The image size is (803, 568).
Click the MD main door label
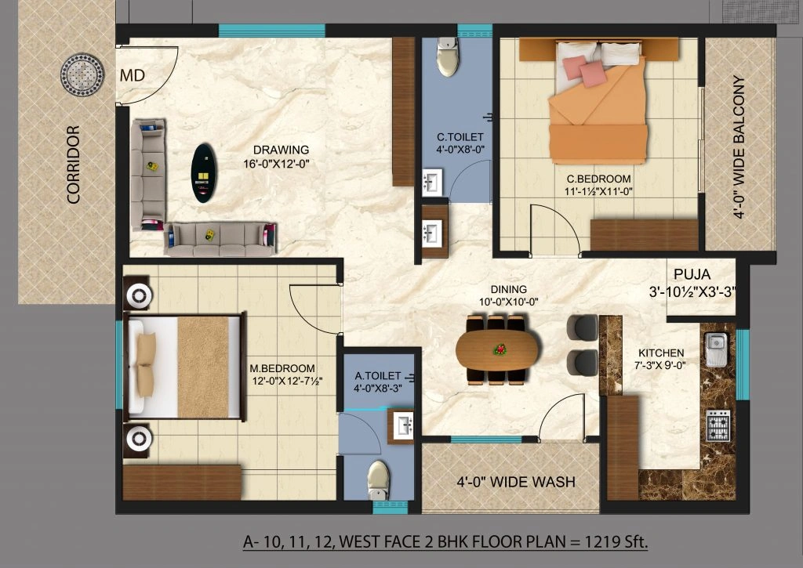(x=132, y=76)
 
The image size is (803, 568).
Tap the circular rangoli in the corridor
(x=82, y=75)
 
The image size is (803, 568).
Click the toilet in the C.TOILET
(x=448, y=58)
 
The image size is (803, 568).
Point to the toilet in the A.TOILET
(x=379, y=478)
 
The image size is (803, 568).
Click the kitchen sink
(x=716, y=349)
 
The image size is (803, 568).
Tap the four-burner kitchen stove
(x=718, y=425)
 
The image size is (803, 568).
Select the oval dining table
(x=497, y=349)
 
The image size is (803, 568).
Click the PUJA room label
(x=692, y=275)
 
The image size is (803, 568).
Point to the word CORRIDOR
(x=74, y=165)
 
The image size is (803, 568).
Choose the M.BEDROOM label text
(x=282, y=368)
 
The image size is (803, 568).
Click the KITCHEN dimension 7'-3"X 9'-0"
(x=660, y=366)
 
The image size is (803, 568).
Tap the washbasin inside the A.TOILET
(x=405, y=426)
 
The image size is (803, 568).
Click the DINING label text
(x=510, y=289)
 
